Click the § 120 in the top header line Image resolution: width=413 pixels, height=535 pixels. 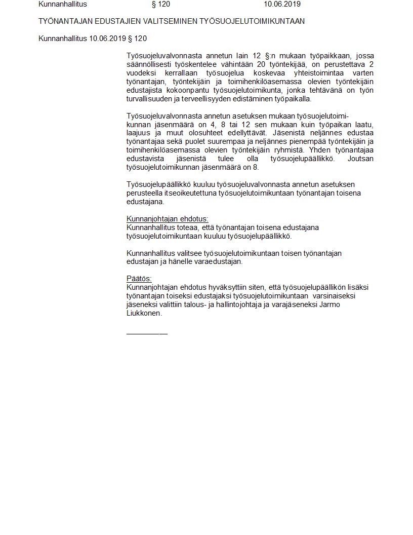click(x=161, y=4)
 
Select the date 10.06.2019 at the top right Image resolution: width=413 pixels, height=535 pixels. click(x=282, y=4)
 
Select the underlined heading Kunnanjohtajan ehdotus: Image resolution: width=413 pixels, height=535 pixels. click(x=168, y=219)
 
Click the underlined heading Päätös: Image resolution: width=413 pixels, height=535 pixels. click(x=139, y=279)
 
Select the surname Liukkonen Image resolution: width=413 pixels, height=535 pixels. click(x=144, y=314)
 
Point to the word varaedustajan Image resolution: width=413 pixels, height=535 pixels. click(x=220, y=262)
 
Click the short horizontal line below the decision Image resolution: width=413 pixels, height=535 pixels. click(x=147, y=333)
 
